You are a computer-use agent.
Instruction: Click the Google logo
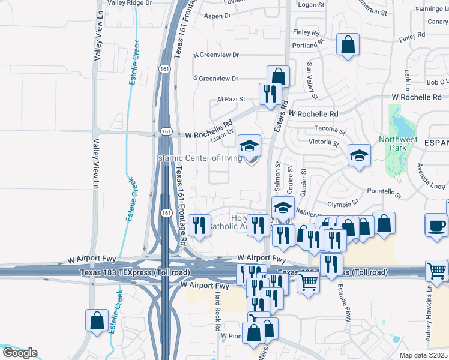tap(19, 353)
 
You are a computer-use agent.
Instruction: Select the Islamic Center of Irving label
tap(199, 158)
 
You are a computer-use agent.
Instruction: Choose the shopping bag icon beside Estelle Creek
tap(97, 321)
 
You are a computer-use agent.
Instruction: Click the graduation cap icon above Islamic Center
tap(249, 145)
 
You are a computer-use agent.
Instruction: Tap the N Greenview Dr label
tap(216, 55)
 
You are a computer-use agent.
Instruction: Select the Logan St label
tap(311, 5)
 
